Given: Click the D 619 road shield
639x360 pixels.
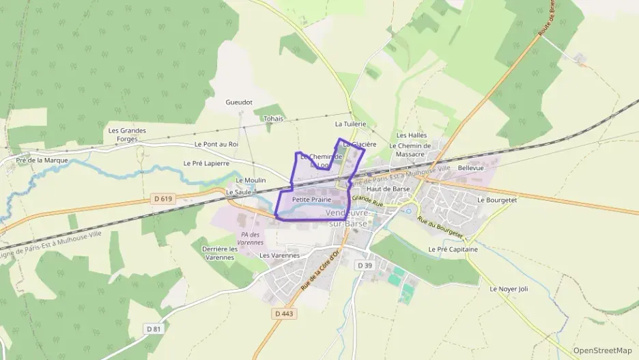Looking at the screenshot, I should (162, 199).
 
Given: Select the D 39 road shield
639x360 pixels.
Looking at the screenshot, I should (365, 265).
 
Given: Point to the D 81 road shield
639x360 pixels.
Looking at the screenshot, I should (154, 329).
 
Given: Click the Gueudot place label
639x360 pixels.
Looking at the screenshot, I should (239, 102).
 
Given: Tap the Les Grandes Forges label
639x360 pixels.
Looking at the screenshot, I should (128, 135).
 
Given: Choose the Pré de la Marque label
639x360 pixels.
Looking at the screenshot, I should (34, 161).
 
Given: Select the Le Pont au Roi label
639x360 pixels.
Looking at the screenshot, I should (216, 144).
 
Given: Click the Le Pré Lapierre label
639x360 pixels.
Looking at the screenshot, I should (206, 163).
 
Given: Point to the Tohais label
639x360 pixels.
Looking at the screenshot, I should (273, 118).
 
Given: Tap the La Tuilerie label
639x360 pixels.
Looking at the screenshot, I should (351, 124).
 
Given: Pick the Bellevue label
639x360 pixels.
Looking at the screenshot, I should (471, 167).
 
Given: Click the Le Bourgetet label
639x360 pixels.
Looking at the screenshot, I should (498, 200).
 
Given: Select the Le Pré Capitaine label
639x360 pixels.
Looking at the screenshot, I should (453, 249).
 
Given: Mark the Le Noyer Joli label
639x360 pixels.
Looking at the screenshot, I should (509, 289).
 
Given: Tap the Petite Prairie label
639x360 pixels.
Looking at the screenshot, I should (311, 199).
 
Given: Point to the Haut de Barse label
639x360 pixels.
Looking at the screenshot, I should (388, 189).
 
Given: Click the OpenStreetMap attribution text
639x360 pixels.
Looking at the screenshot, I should (603, 350).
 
